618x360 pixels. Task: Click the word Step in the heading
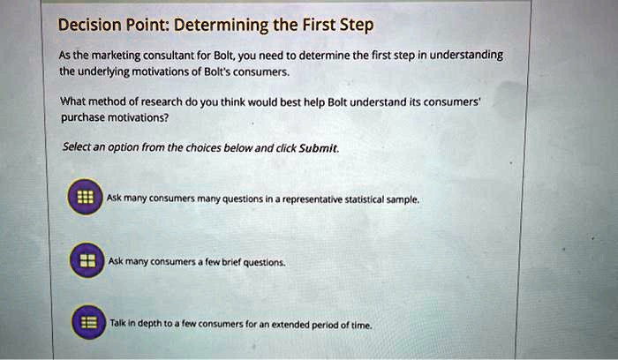pyautogui.click(x=357, y=25)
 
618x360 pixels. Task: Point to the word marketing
pyautogui.click(x=111, y=55)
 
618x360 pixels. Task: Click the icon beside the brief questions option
pyautogui.click(x=86, y=262)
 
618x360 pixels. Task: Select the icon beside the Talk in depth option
pyautogui.click(x=86, y=323)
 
